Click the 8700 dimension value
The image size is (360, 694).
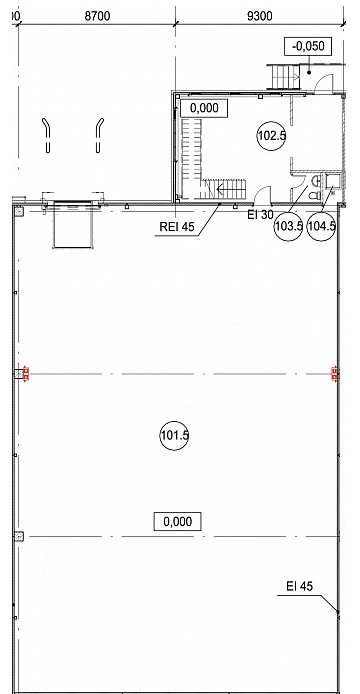97,16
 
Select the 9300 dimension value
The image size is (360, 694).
260,16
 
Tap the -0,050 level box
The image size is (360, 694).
308,46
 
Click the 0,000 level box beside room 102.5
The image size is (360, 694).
204,108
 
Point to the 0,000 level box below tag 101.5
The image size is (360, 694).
178,521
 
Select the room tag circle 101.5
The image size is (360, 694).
174,436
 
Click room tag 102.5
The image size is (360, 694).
271,136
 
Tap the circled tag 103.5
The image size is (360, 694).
289,226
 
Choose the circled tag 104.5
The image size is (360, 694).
321,226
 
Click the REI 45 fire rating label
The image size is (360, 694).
177,227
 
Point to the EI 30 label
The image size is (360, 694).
260,215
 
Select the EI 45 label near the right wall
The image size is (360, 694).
299,586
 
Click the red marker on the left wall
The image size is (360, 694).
26,374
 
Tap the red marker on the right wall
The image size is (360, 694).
335,374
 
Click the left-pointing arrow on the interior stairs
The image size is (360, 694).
227,191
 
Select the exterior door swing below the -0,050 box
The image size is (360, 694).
323,83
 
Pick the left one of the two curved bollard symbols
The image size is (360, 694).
47,135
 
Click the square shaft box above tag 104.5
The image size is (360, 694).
332,180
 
